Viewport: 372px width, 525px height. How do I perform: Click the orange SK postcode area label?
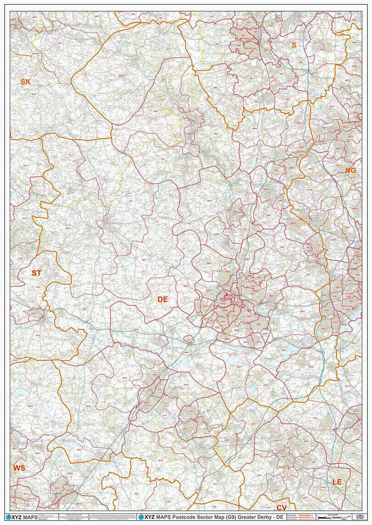click(x=26, y=82)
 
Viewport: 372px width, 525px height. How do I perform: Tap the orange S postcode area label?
click(x=294, y=45)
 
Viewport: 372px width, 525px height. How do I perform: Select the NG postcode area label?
click(x=350, y=170)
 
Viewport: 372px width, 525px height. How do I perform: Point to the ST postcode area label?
click(x=36, y=273)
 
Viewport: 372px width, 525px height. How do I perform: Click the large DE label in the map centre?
click(x=163, y=299)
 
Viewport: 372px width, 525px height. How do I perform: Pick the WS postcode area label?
click(x=19, y=468)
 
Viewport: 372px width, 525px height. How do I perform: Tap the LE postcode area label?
click(x=337, y=482)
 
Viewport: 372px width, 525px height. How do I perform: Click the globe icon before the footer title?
click(x=141, y=517)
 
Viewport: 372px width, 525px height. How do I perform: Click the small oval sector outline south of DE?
click(x=189, y=338)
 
